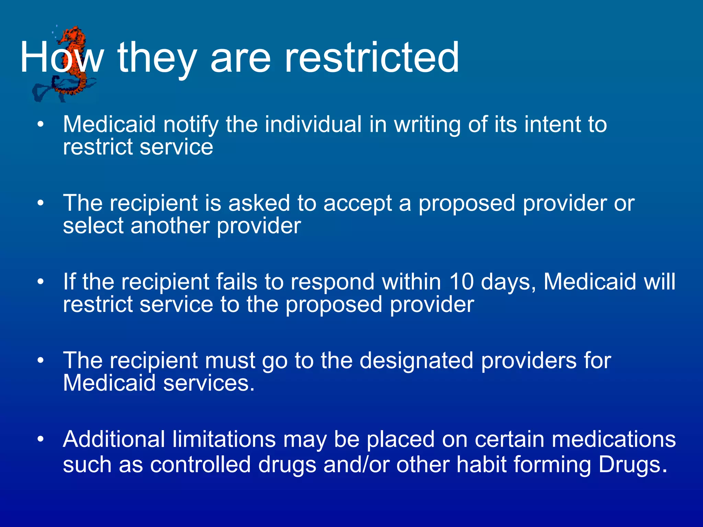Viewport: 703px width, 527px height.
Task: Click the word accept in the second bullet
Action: [357, 203]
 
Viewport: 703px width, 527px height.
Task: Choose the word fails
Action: [237, 282]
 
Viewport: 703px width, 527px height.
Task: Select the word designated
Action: [416, 361]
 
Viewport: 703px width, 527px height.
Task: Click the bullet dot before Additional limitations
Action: [41, 439]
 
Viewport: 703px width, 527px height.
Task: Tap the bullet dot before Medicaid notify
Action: [41, 125]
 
